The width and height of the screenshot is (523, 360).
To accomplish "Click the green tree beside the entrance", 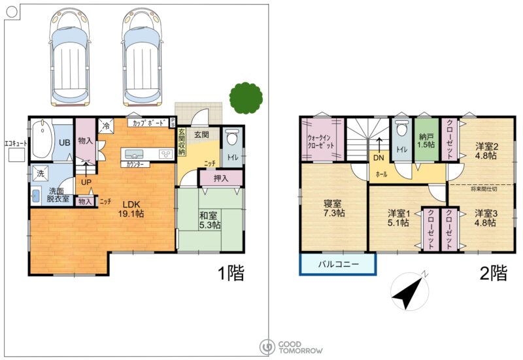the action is coord(246,98).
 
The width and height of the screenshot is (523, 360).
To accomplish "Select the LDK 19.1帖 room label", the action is coord(131,209).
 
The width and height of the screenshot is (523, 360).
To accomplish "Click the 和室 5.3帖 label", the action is coord(210,220).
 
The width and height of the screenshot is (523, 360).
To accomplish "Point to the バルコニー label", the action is coord(338,265).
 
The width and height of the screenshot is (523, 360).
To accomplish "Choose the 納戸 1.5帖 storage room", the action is coord(426,140).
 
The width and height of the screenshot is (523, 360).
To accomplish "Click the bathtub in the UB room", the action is coord(42,139).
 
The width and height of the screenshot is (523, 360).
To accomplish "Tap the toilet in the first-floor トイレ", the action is coord(231,138).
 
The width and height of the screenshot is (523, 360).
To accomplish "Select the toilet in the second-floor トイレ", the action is coord(402,127).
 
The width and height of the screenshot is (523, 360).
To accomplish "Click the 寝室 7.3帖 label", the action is coord(333,208).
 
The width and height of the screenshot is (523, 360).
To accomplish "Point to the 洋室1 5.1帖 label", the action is coord(398,218).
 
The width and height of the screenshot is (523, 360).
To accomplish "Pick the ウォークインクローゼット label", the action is coord(320,142).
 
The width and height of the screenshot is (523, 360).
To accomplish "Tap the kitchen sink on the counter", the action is coord(134,154).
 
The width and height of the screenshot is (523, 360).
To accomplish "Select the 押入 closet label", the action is coord(221,178).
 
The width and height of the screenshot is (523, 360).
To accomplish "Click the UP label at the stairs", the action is coord(86,182).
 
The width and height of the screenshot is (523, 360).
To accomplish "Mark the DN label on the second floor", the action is coord(379,157).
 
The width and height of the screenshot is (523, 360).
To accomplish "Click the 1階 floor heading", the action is coord(231,272).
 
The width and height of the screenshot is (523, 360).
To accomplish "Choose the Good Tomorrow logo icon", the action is coord(267,348).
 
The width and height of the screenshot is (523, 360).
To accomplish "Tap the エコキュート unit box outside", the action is coord(16,155).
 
